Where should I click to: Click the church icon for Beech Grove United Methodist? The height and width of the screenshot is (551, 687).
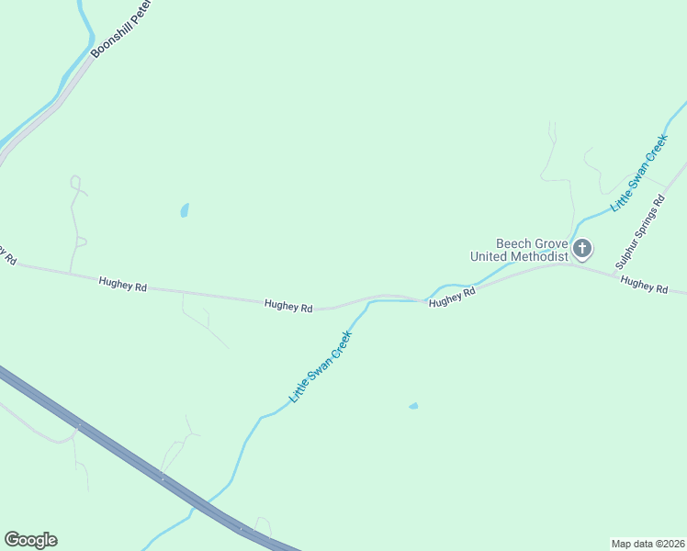581,249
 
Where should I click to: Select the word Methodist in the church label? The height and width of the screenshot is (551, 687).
538,257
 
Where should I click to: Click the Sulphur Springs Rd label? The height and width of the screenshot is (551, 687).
639,225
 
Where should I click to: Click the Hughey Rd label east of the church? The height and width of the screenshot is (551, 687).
644,286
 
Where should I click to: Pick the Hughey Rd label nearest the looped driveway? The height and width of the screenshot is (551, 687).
123,287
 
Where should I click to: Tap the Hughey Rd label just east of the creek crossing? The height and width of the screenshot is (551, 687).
452,297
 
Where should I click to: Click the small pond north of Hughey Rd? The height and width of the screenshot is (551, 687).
185,210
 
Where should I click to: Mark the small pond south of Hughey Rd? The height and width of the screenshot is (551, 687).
413,406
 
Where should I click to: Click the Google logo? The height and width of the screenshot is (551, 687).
30,540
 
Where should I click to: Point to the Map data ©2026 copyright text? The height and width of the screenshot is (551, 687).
648,543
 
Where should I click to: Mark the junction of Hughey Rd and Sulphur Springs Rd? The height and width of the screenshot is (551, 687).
571,264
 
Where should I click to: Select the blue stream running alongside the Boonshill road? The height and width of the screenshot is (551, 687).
73,73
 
